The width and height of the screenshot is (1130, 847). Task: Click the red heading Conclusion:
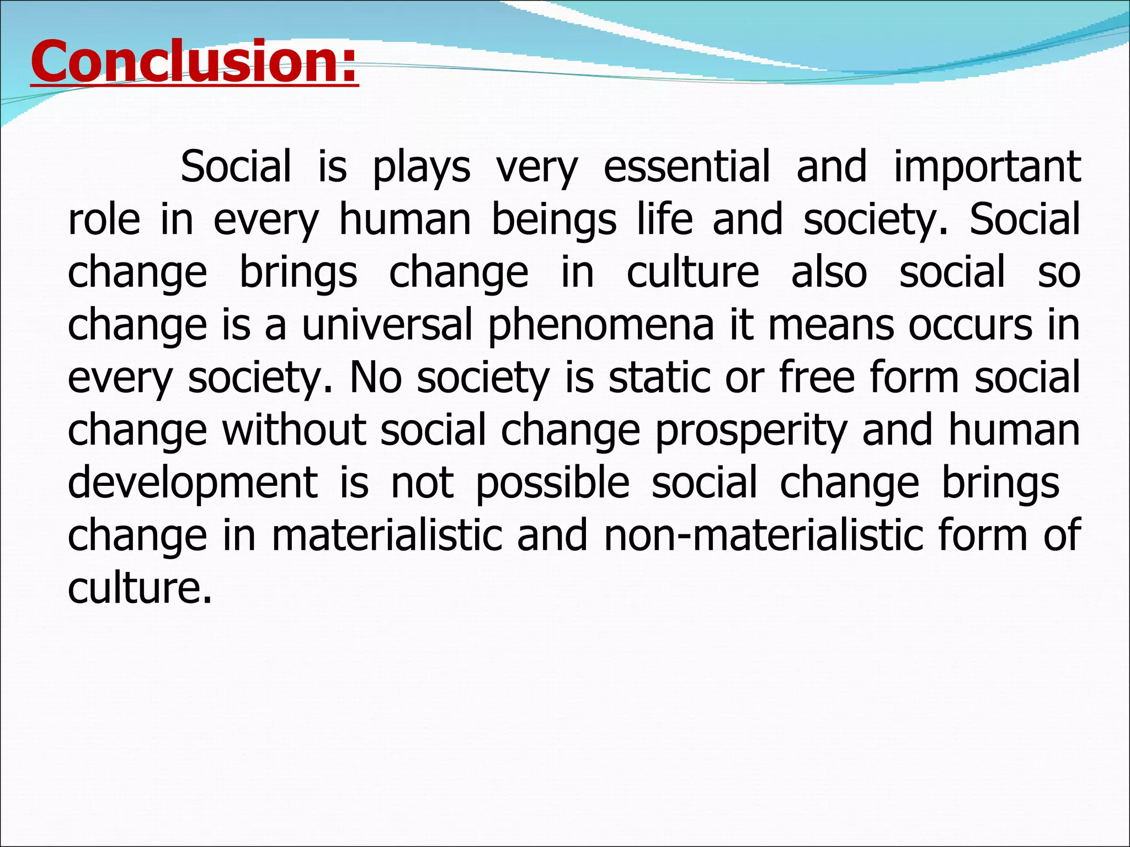tap(194, 62)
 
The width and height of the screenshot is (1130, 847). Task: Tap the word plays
tap(422, 168)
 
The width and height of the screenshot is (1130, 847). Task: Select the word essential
tap(686, 167)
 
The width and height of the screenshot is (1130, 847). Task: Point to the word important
tap(987, 168)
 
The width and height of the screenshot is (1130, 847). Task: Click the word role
tap(104, 219)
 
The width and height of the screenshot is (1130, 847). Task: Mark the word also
tap(829, 272)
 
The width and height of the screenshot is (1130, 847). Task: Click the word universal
tap(387, 325)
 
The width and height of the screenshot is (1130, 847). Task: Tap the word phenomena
tap(601, 326)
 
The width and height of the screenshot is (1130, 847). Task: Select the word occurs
tap(970, 325)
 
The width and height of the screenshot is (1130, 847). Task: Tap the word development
tap(193, 484)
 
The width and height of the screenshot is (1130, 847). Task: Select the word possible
tap(552, 484)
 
